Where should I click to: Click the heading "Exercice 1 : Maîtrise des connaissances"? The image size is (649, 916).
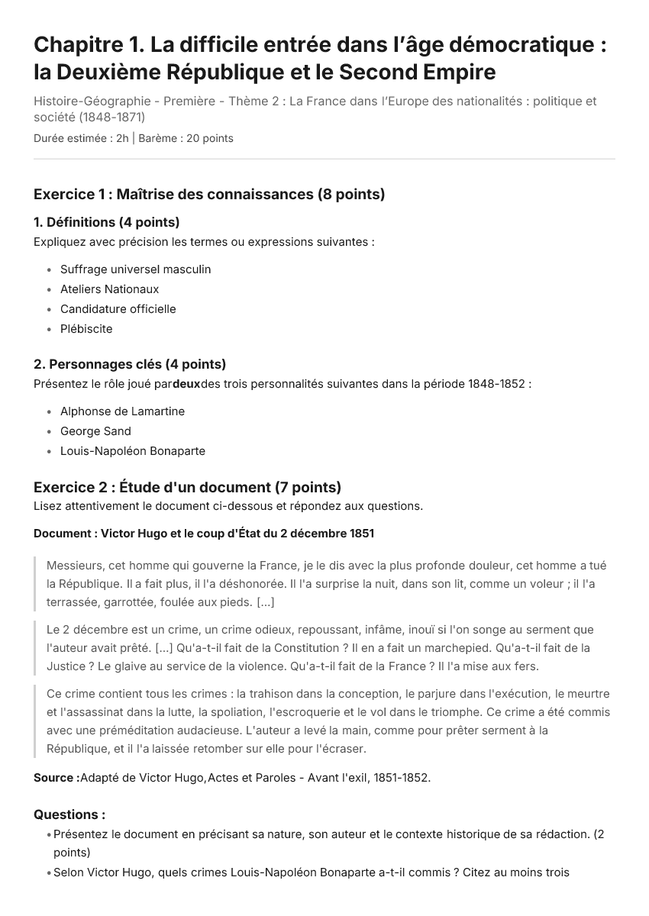[x=208, y=195]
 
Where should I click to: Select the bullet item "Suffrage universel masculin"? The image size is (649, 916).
[x=135, y=269]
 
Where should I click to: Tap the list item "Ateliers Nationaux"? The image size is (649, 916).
[x=109, y=289]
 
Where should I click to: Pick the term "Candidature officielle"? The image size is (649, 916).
[x=118, y=309]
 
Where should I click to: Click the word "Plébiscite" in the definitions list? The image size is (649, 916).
[x=86, y=329]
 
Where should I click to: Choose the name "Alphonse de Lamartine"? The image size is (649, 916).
[x=122, y=411]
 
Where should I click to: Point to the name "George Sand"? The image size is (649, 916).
[x=95, y=431]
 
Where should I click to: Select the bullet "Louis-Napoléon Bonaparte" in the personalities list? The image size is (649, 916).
[x=133, y=451]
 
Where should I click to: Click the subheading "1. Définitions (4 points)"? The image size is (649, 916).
[x=106, y=223]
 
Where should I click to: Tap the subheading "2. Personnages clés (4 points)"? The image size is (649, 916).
[x=130, y=364]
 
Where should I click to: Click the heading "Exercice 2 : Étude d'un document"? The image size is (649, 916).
[x=187, y=488]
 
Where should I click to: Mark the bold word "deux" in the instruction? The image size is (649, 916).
[x=186, y=384]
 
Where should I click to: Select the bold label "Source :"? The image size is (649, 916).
[x=56, y=778]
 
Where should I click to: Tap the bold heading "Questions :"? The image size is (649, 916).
[x=69, y=814]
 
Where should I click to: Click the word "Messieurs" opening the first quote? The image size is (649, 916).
[x=75, y=566]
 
